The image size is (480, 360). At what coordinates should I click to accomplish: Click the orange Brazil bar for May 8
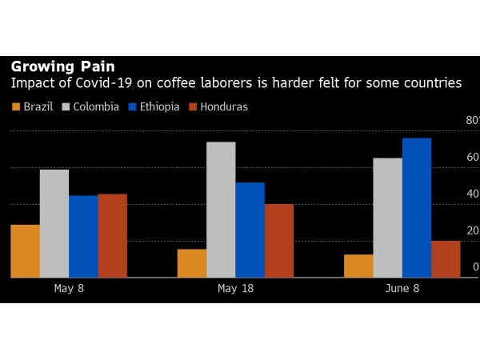pos(25,251)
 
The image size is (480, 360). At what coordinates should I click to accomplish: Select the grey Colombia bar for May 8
pos(54,224)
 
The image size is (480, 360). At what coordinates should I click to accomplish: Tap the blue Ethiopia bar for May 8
pos(83,237)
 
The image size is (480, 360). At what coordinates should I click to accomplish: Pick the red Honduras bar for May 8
pos(113,236)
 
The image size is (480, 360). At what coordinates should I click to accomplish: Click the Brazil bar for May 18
pos(192,263)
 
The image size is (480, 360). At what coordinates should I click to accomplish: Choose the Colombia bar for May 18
pos(221,210)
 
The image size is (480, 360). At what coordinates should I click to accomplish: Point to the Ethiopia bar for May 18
pos(250,230)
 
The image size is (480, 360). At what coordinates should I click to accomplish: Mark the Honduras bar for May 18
pos(279,241)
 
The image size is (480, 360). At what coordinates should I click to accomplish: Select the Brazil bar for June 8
pos(358,266)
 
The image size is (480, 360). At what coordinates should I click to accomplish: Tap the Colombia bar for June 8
pos(387,218)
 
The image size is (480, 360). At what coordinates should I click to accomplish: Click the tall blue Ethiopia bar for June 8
pos(417,208)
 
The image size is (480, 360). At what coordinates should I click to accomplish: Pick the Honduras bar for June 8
pos(446,259)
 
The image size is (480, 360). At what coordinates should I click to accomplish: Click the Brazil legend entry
pos(33,106)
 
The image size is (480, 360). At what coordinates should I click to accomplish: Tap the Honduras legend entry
pos(217,106)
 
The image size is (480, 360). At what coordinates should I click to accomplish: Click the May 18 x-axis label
pos(235,289)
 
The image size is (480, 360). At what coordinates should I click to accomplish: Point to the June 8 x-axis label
pos(402,289)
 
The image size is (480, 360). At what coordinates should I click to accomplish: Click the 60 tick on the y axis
pos(473,158)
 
